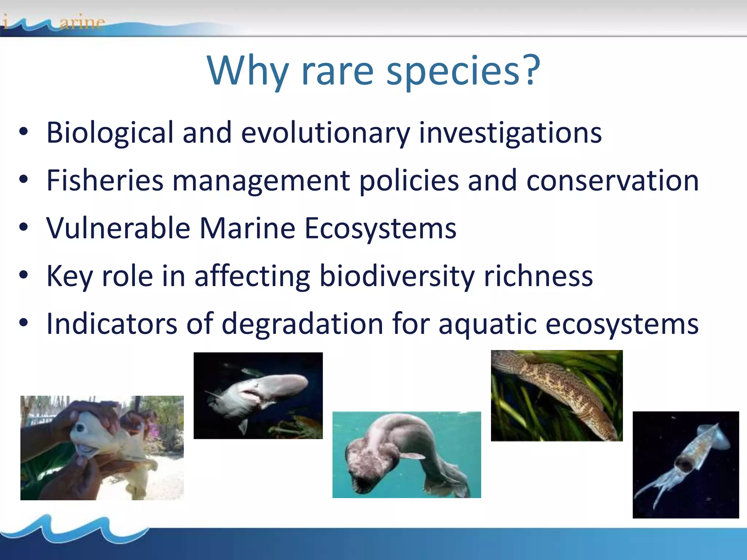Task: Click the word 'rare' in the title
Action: (337, 71)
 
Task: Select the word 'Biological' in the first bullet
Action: (110, 133)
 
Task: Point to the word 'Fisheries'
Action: (105, 180)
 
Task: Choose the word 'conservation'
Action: (612, 180)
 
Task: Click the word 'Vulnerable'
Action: (118, 228)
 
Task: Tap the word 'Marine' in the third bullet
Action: (247, 228)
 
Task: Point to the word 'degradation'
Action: (302, 324)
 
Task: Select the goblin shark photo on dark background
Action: (258, 396)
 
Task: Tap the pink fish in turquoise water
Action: (406, 455)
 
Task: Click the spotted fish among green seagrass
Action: (557, 396)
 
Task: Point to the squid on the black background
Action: (686, 464)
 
